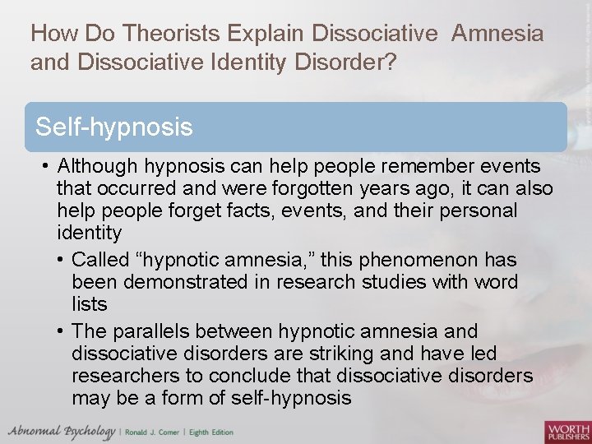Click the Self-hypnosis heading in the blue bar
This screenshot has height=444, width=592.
[114, 127]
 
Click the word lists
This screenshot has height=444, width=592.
[90, 305]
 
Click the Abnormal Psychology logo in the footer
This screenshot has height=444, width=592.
[62, 431]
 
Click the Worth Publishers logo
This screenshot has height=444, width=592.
[567, 431]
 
